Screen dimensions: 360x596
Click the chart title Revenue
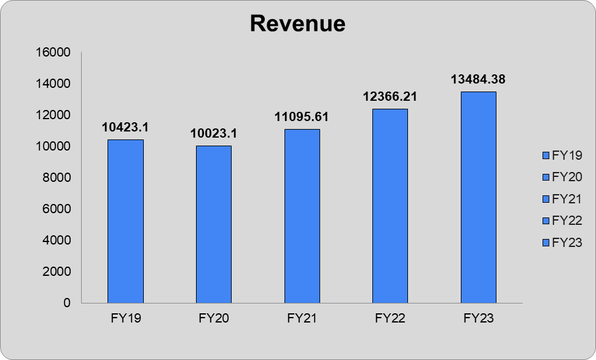[x=297, y=23]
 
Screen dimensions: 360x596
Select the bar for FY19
[x=125, y=221]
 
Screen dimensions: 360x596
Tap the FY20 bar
[x=213, y=224]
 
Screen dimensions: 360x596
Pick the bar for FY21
[x=302, y=216]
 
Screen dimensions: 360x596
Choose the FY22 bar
[x=390, y=206]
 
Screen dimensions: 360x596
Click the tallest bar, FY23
[x=478, y=197]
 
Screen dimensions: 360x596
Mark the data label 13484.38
[x=478, y=79]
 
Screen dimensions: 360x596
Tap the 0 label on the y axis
[x=67, y=303]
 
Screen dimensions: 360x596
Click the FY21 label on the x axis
[x=302, y=319]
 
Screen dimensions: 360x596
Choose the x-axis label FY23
[x=478, y=319]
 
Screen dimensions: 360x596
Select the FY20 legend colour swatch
[x=545, y=177]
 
